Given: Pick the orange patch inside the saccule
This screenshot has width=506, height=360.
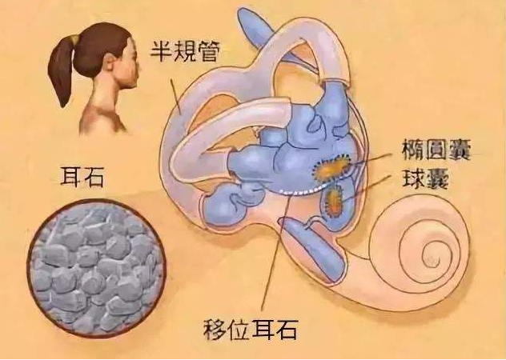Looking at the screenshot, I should (x=334, y=200).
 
